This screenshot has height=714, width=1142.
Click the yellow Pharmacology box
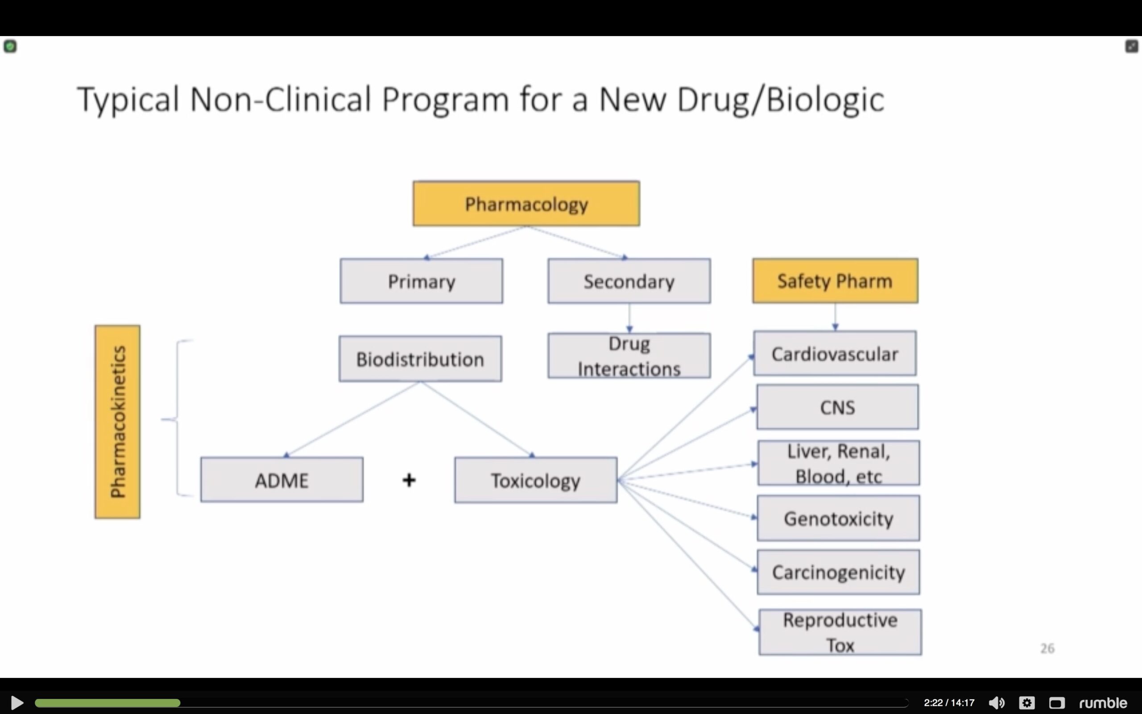[526, 203]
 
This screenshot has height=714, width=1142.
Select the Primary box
[422, 281]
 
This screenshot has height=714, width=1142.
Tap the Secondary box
[629, 281]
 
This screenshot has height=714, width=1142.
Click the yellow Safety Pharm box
[835, 281]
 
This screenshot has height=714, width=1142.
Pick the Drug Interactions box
[629, 356]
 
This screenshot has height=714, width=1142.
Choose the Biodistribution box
[420, 359]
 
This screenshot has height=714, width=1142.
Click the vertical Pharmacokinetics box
[117, 422]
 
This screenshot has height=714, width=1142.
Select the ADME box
[282, 479]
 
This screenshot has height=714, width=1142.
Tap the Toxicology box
[536, 480]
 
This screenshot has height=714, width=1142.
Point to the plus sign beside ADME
[409, 480]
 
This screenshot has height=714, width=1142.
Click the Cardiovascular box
[835, 353]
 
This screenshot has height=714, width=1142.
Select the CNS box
[838, 407]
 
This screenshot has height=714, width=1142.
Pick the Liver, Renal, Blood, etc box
[839, 463]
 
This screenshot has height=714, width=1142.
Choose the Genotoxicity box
[839, 518]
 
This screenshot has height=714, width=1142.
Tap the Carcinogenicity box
[839, 572]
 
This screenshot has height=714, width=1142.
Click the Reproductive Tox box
[840, 632]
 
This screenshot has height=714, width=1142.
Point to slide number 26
[1047, 648]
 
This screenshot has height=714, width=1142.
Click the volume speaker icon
[997, 703]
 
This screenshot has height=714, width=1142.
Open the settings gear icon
[1027, 703]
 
